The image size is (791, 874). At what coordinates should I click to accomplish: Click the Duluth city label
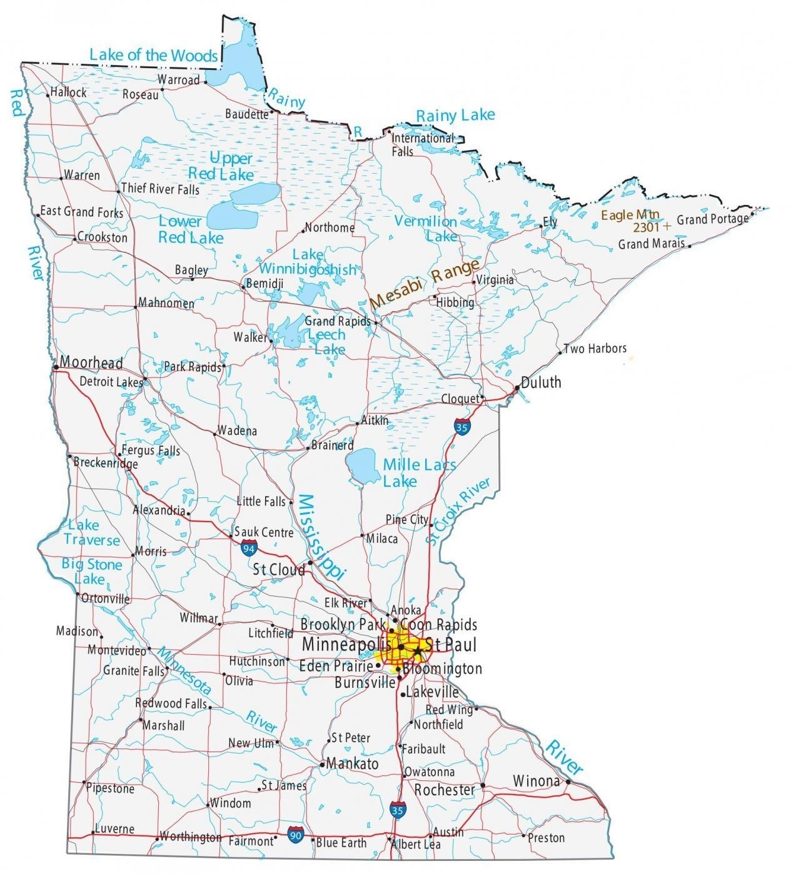[x=541, y=382]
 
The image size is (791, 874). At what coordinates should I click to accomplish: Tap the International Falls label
[x=422, y=144]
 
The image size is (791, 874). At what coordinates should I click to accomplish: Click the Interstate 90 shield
[x=296, y=833]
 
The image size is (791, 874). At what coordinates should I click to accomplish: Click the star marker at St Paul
[x=417, y=650]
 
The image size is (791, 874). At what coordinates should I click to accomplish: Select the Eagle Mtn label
[x=630, y=215]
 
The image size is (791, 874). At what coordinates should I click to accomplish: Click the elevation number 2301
[x=647, y=227]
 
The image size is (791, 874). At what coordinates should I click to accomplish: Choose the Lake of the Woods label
[x=153, y=55]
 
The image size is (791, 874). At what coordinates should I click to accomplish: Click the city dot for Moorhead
[x=56, y=367]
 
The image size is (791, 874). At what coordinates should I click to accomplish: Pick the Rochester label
[x=445, y=790]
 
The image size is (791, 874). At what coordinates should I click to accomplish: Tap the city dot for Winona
[x=568, y=781]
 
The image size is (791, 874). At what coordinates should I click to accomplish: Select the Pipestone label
[x=111, y=788]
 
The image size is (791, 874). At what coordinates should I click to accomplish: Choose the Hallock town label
[x=69, y=92]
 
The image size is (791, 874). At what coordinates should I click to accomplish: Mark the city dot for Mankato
[x=322, y=764]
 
